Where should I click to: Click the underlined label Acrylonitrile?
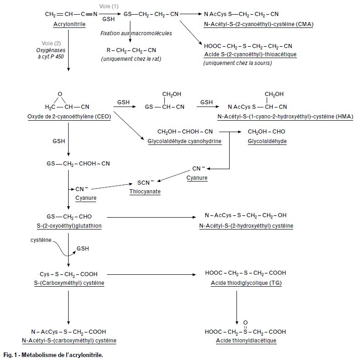[x=69, y=24]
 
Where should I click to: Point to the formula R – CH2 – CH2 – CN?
[x=130, y=50]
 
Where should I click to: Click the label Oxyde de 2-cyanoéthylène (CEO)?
[x=69, y=117]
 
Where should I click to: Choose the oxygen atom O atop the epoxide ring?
[x=59, y=94]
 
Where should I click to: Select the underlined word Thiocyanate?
[x=145, y=192]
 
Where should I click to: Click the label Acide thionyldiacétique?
[x=246, y=341]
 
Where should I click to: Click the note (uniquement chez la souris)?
[x=237, y=63]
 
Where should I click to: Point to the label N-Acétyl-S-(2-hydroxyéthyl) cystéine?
[x=246, y=225]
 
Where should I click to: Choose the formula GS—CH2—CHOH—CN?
[x=78, y=163]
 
